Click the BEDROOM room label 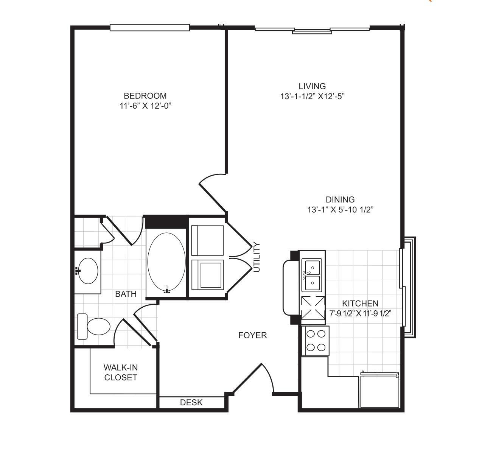pyautogui.click(x=145, y=96)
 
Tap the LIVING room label pyautogui.click(x=312, y=86)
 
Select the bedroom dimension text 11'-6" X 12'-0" pyautogui.click(x=146, y=106)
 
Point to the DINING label pyautogui.click(x=340, y=199)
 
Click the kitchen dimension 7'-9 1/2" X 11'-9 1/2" pyautogui.click(x=360, y=313)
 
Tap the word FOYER pyautogui.click(x=253, y=335)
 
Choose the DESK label pyautogui.click(x=191, y=402)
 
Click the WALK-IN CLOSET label pyautogui.click(x=121, y=372)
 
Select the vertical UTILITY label pyautogui.click(x=257, y=257)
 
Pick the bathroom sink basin pyautogui.click(x=89, y=271)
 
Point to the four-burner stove pyautogui.click(x=316, y=341)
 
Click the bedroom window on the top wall pyautogui.click(x=149, y=28)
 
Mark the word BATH pyautogui.click(x=126, y=294)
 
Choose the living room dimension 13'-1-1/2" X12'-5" pyautogui.click(x=313, y=97)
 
